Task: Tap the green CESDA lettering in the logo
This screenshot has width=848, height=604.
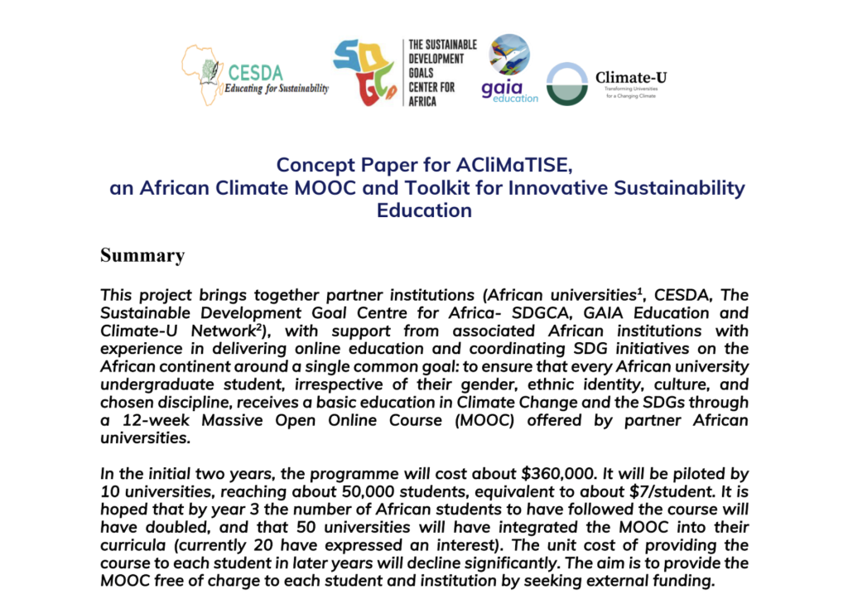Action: pyautogui.click(x=255, y=73)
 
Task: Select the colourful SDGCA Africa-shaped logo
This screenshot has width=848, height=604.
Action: pyautogui.click(x=365, y=72)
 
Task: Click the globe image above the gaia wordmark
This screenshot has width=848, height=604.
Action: pyautogui.click(x=509, y=55)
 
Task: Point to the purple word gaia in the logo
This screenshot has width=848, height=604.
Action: pyautogui.click(x=502, y=88)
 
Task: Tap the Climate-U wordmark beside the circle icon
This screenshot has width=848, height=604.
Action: pyautogui.click(x=630, y=78)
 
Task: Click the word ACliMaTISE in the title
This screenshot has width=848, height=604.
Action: pyautogui.click(x=513, y=165)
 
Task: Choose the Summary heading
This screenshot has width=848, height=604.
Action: pyautogui.click(x=142, y=255)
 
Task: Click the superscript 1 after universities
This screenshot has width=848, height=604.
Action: pyautogui.click(x=639, y=291)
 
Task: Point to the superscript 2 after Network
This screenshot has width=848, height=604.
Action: pyautogui.click(x=258, y=327)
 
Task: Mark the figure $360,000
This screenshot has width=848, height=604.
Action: pyautogui.click(x=557, y=474)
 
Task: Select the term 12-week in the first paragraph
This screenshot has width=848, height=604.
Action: pyautogui.click(x=156, y=421)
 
